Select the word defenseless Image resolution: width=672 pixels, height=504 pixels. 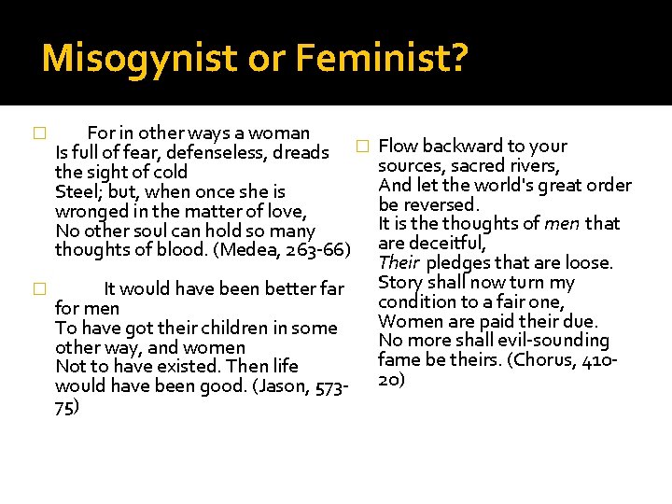pyautogui.click(x=202, y=152)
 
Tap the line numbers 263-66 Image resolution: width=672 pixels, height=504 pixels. pyautogui.click(x=312, y=250)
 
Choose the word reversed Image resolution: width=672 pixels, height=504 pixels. pyautogui.click(x=441, y=204)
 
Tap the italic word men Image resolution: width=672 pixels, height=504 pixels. pyautogui.click(x=563, y=224)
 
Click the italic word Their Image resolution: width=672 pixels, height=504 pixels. pyautogui.click(x=399, y=263)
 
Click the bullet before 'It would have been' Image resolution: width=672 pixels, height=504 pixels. pyautogui.click(x=38, y=289)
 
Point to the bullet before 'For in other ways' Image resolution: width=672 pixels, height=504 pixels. pyautogui.click(x=38, y=133)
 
